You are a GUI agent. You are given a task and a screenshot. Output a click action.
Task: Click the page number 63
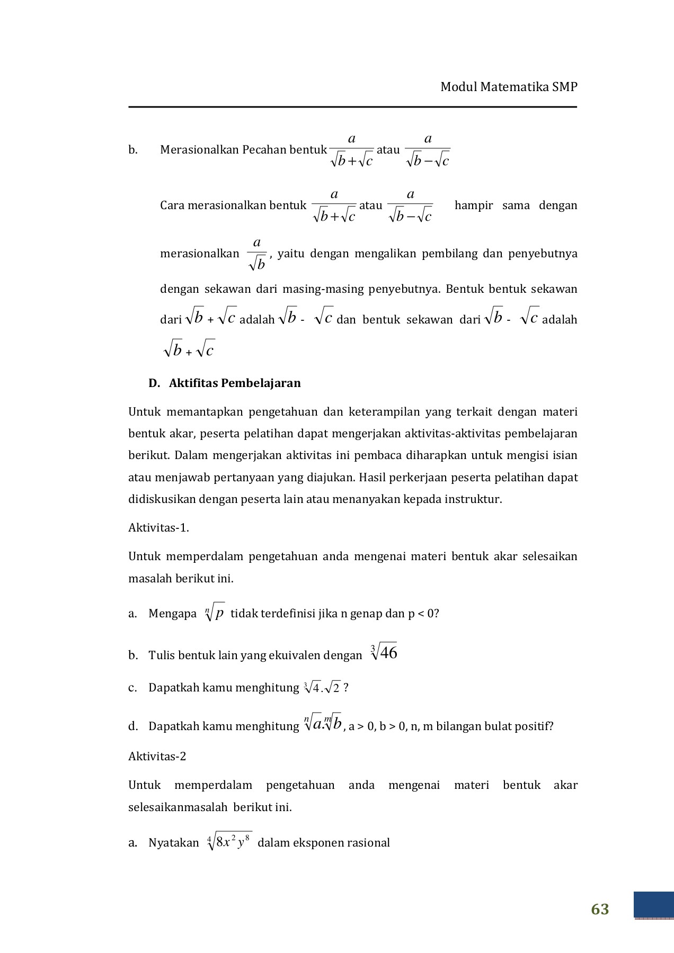pos(600,909)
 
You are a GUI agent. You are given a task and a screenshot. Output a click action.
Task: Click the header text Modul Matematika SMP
pos(509,87)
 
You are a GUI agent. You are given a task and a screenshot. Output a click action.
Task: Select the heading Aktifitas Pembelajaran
pos(235,383)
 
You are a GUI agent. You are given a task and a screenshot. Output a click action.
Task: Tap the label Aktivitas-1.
pos(158,527)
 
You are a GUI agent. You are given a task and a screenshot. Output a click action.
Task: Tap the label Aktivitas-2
pos(157,756)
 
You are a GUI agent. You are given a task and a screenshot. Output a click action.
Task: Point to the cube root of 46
pos(384,653)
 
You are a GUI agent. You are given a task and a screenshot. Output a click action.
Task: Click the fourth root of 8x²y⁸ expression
pos(229,842)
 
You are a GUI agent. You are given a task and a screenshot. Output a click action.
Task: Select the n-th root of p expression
pos(215,613)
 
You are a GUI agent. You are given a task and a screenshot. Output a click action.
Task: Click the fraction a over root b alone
pos(257,254)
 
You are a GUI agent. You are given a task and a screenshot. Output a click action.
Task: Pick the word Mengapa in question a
pos(173,614)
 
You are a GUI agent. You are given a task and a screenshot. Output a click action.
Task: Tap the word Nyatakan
pos(174,843)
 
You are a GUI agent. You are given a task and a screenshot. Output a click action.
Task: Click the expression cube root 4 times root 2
pos(322,688)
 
